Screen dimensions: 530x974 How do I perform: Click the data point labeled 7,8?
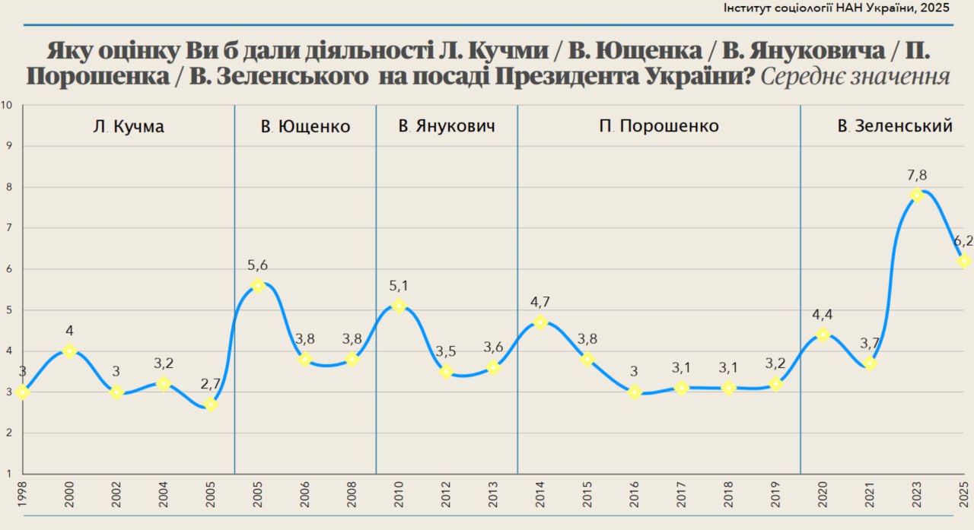917,195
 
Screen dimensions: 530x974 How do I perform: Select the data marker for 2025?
964,261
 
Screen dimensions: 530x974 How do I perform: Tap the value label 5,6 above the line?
257,265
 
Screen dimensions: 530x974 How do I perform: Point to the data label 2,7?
211,385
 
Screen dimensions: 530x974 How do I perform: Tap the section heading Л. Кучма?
128,126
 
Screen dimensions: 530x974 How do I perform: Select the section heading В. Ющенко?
305,126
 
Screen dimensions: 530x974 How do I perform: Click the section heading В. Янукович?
447,126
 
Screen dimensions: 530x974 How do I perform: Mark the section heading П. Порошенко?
659,126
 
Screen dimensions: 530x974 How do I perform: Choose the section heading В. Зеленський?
895,126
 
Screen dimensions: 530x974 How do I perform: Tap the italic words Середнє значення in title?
855,77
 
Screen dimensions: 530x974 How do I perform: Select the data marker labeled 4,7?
540,322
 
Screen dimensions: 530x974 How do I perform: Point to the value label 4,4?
823,313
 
